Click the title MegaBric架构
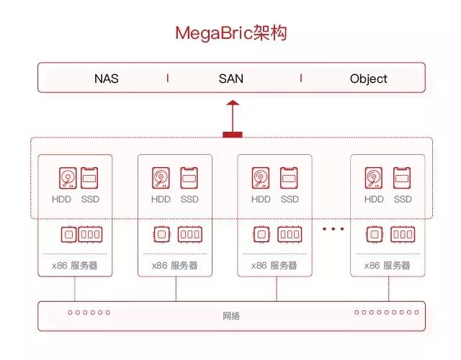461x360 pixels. tap(231, 33)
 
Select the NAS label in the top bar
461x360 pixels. tap(106, 78)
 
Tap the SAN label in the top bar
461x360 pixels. tap(231, 78)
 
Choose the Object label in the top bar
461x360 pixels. tap(368, 78)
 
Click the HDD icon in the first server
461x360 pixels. tap(68, 178)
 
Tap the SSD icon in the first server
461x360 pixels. tap(90, 178)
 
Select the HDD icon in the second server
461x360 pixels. tap(161, 178)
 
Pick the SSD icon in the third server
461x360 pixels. tap(289, 178)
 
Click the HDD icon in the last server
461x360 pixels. tap(374, 178)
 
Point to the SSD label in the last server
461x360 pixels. tap(402, 199)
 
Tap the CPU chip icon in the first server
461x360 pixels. tap(68, 235)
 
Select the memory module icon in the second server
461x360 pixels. tap(189, 235)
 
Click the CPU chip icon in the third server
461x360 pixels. tap(261, 235)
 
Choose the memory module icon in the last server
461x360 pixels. tap(402, 235)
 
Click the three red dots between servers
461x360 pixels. tap(334, 229)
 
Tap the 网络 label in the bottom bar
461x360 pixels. tap(231, 316)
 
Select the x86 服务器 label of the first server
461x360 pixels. tap(75, 266)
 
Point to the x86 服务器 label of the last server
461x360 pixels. tap(388, 266)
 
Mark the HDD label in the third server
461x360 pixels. tap(261, 199)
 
